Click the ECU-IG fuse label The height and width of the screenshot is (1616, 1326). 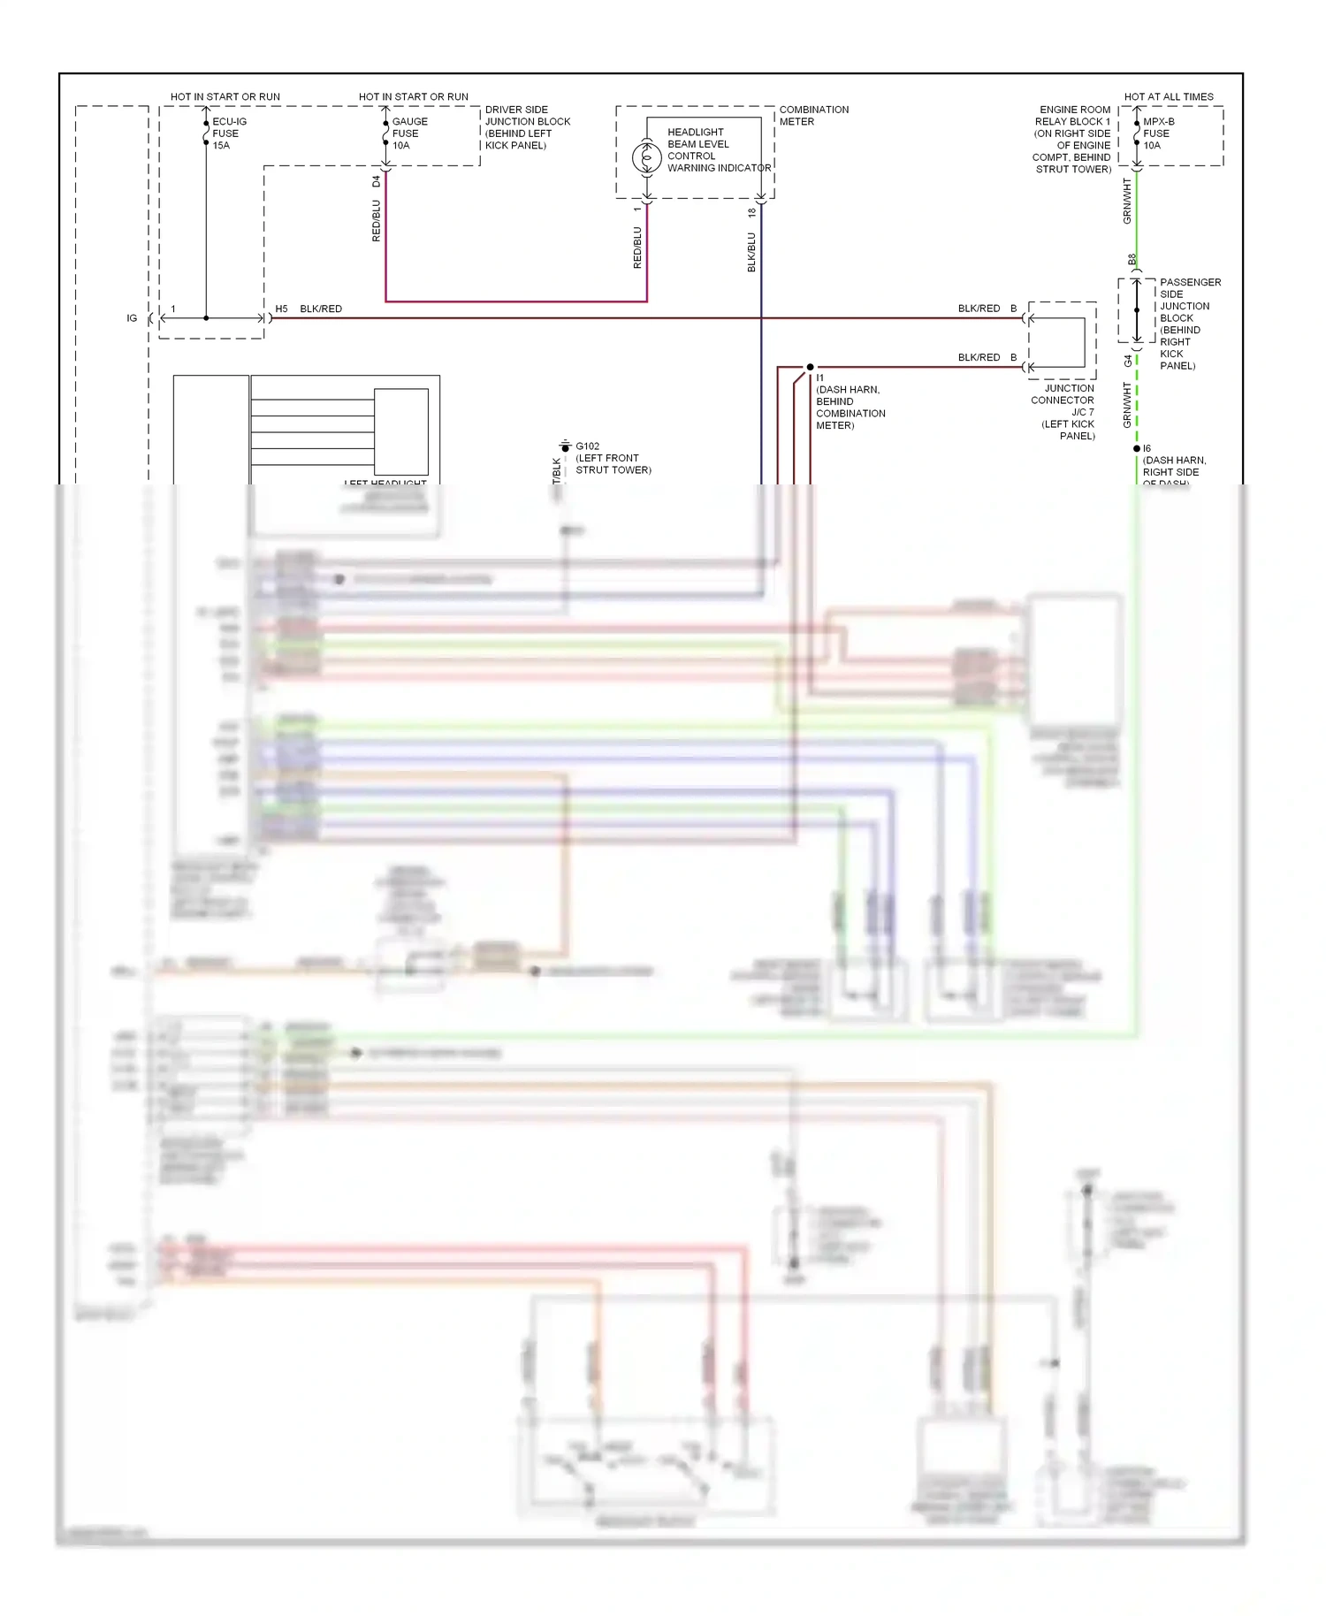(229, 133)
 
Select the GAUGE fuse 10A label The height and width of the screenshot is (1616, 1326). (409, 133)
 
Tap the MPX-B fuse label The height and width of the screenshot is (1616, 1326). (1157, 133)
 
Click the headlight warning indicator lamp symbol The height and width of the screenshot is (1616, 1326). (646, 158)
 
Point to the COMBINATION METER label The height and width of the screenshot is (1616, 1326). (813, 116)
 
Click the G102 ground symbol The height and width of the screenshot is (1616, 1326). (566, 446)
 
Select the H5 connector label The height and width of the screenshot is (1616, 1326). (281, 309)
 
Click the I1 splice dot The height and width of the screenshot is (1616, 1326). (810, 367)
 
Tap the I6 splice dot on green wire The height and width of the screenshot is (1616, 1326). (1137, 449)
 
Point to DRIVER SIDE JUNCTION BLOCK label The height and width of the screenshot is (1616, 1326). (527, 127)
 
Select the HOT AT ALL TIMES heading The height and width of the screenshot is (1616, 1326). (1168, 96)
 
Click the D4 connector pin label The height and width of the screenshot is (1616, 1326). (377, 181)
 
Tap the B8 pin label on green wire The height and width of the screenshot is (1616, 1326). (1132, 260)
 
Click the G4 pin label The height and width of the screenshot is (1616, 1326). (1128, 361)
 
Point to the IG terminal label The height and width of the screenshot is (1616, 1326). (132, 318)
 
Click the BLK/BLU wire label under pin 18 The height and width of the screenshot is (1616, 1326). (752, 252)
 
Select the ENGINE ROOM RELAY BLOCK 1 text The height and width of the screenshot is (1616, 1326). (1072, 139)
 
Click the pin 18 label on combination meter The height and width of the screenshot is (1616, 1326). (752, 212)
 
